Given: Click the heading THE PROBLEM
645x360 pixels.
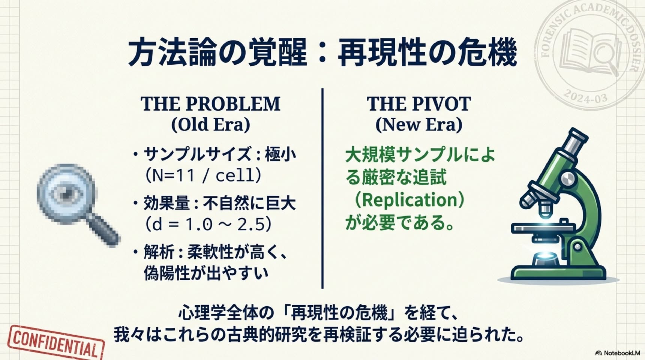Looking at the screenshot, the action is [210, 104].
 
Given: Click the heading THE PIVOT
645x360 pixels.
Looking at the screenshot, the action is [418, 104].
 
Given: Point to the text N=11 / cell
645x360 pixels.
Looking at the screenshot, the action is [203, 175].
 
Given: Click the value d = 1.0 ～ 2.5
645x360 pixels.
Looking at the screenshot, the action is [208, 224].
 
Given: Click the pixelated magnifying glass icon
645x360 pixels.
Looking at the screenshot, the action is [77, 204].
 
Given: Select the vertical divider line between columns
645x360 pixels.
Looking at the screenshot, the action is [322, 188].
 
